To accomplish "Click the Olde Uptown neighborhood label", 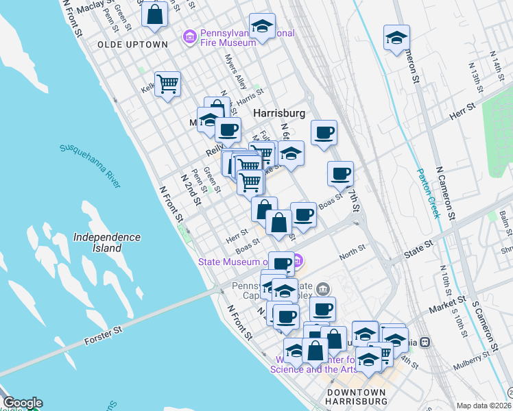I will point(132,44).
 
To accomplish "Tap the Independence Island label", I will point(106,242).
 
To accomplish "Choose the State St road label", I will point(419,244).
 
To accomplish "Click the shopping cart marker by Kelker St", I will point(167,84).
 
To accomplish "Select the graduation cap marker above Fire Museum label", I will point(262,26).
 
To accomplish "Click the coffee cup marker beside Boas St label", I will point(303,215).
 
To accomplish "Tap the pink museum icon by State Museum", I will point(297,260).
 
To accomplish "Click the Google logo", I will point(22,403).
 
